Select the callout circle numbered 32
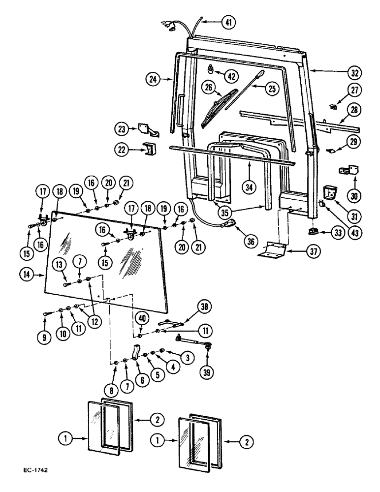click(354, 73)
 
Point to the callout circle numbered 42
click(231, 75)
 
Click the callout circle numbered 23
click(123, 129)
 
